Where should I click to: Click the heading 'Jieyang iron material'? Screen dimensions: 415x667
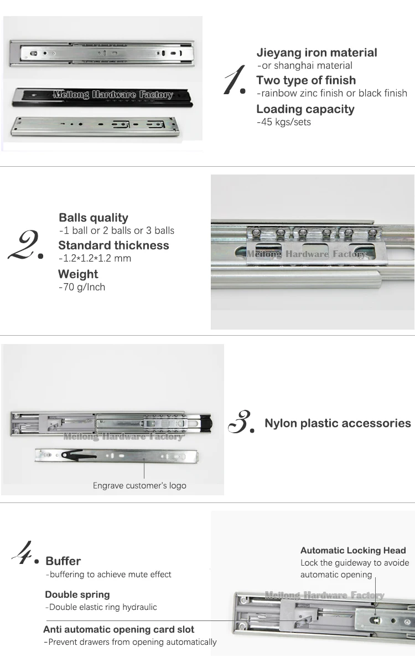317,53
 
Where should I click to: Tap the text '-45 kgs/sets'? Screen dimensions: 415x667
284,122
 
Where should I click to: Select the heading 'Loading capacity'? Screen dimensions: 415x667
305,109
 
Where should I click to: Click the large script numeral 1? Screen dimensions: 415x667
235,80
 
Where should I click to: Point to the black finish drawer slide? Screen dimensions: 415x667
102,98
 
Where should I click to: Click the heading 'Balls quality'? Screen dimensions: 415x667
94,218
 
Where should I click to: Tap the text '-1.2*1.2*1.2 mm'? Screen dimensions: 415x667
95,258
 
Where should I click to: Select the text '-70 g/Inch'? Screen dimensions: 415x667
82,287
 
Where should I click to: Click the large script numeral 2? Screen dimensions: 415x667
25,245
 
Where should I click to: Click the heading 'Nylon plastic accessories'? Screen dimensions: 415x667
338,423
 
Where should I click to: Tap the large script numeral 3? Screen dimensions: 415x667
241,422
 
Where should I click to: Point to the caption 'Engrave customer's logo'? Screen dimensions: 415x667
139,486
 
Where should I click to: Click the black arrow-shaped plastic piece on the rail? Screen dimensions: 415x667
79,455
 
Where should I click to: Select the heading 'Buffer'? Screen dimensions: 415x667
63,561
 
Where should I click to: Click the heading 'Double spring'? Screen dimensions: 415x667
77,594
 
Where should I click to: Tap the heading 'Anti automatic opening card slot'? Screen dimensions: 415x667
119,629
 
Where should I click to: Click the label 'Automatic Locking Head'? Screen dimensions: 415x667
353,551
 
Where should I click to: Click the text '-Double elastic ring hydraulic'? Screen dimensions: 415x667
101,607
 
